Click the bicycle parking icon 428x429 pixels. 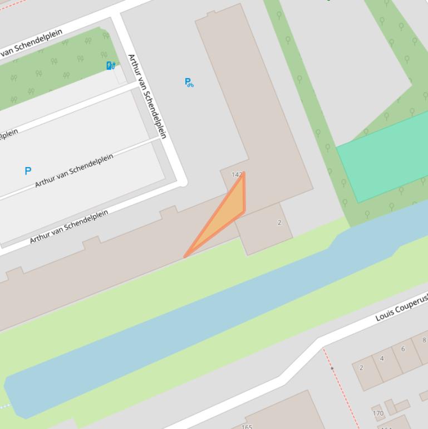[x=189, y=82]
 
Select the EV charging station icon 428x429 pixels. [x=111, y=66]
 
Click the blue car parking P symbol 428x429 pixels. [x=28, y=171]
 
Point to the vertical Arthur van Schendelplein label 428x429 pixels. [x=147, y=96]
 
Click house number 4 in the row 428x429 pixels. [x=382, y=358]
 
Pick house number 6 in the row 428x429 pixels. [x=403, y=349]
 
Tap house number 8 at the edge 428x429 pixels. [x=424, y=340]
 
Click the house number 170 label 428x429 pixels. [x=378, y=413]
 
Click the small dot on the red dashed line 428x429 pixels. [x=332, y=368]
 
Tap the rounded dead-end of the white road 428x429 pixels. [x=182, y=182]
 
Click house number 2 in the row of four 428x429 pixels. [x=361, y=368]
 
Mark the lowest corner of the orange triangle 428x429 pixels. [x=185, y=256]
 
